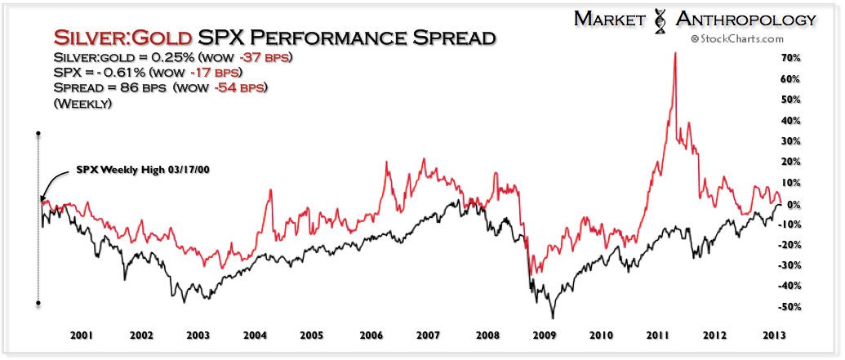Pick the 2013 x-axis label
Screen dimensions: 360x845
click(x=775, y=335)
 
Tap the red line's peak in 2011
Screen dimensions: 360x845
click(x=674, y=53)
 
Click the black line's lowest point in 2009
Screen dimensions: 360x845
click(x=553, y=318)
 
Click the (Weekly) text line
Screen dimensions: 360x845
click(x=82, y=104)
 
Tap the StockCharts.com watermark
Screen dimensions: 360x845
click(x=737, y=38)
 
